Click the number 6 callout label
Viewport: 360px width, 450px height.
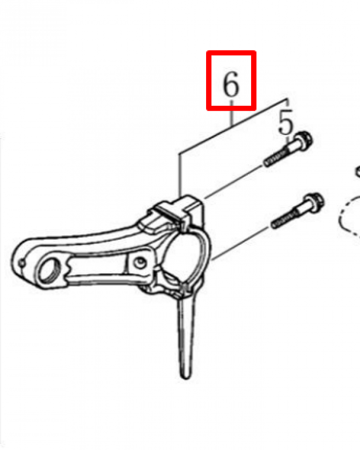pos(230,84)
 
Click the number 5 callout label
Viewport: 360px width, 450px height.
pos(286,122)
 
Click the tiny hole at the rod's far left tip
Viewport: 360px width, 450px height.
pos(22,263)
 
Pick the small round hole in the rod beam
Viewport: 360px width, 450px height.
pos(140,262)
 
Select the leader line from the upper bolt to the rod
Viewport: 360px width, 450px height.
pos(233,183)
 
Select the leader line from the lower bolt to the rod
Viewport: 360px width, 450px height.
pos(242,243)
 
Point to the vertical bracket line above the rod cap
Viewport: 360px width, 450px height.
pos(180,175)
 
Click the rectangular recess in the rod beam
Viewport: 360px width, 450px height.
pos(96,267)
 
